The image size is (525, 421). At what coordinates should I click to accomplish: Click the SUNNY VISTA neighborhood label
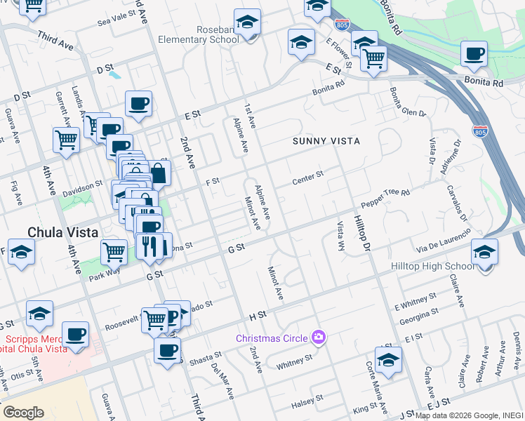click(x=326, y=141)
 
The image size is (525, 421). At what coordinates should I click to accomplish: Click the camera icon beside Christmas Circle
click(x=319, y=338)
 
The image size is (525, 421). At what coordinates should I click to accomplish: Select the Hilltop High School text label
click(x=440, y=266)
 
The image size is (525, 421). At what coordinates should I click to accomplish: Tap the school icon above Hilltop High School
click(x=484, y=252)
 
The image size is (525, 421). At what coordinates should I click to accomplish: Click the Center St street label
click(x=308, y=178)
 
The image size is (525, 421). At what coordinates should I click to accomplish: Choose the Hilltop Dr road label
click(x=359, y=227)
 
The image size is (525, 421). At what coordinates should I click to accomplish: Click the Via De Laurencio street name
click(x=442, y=241)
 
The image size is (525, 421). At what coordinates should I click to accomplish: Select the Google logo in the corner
click(x=22, y=413)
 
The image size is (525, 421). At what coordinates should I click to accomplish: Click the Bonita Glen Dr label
click(x=407, y=103)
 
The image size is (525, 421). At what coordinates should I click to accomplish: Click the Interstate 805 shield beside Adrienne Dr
click(x=481, y=131)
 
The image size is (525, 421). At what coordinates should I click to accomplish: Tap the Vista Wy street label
click(x=342, y=236)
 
